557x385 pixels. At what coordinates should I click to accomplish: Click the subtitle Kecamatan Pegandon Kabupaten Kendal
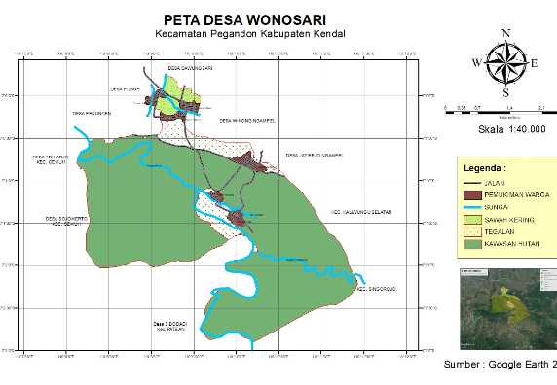tap(250, 35)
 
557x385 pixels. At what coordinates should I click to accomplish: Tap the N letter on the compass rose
tap(505, 33)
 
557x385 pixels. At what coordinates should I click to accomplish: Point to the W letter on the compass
tap(476, 63)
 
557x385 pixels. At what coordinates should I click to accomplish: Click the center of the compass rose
tap(505, 63)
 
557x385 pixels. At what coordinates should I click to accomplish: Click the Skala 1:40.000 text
tap(512, 128)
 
